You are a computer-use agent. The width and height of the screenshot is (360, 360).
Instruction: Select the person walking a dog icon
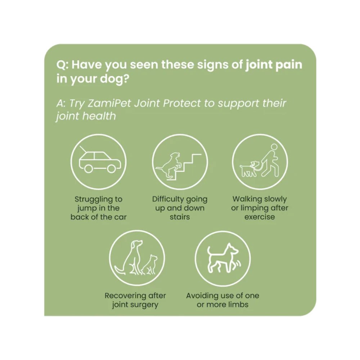260,162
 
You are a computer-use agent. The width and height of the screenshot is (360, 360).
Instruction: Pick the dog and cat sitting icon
137,258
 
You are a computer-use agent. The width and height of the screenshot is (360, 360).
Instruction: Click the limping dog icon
222,258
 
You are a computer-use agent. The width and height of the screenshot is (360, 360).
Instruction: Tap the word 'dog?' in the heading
113,79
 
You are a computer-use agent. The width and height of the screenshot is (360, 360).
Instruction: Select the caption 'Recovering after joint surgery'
135,300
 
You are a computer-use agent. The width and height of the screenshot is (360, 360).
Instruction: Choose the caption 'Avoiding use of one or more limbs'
222,300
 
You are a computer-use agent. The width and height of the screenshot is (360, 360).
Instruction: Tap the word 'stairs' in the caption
180,217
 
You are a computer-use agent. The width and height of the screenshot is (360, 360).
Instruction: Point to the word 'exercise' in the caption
260,217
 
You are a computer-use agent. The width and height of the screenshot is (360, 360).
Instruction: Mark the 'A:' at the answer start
61,103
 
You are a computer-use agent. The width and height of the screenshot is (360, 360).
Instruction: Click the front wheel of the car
112,168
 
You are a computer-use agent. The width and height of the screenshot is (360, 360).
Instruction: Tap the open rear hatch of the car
84,149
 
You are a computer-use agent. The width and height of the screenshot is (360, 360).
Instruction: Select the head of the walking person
274,147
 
